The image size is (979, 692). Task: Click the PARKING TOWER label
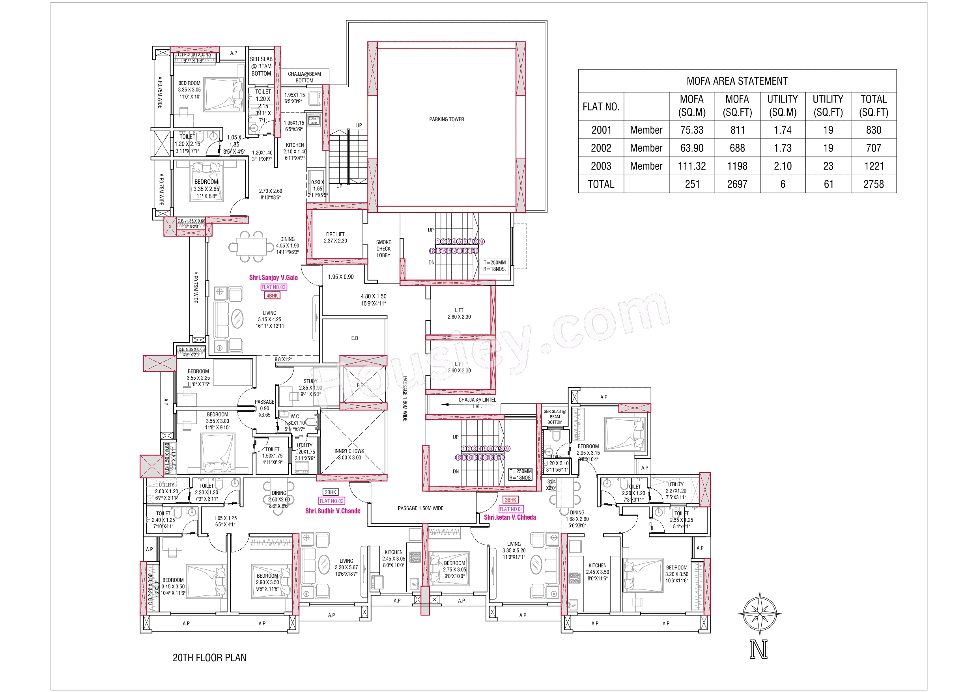pyautogui.click(x=447, y=119)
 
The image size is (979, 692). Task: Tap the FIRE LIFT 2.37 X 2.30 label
pyautogui.click(x=335, y=237)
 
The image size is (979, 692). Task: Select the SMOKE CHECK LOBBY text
pyautogui.click(x=383, y=248)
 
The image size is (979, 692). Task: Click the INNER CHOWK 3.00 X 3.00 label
pyautogui.click(x=349, y=454)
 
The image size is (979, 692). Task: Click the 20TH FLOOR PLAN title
pyautogui.click(x=209, y=657)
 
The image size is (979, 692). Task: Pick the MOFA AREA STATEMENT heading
pyautogui.click(x=737, y=81)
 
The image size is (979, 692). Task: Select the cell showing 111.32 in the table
pyautogui.click(x=691, y=166)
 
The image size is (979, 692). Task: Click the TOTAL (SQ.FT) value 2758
pyautogui.click(x=873, y=184)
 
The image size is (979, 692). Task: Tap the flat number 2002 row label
pyautogui.click(x=601, y=148)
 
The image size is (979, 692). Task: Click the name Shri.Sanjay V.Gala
pyautogui.click(x=273, y=278)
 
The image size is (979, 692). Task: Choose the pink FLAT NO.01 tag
pyautogui.click(x=511, y=509)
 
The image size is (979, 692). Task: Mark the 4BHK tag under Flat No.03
pyautogui.click(x=272, y=295)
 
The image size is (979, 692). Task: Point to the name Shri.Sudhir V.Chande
pyautogui.click(x=333, y=511)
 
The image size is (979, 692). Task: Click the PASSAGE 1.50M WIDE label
pyautogui.click(x=420, y=508)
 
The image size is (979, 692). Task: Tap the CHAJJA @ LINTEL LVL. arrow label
pyautogui.click(x=477, y=402)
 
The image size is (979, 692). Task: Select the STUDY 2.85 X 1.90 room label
pyautogui.click(x=310, y=388)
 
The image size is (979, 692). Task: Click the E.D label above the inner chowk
pyautogui.click(x=355, y=338)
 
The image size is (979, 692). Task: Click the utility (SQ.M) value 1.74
pyautogui.click(x=783, y=130)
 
